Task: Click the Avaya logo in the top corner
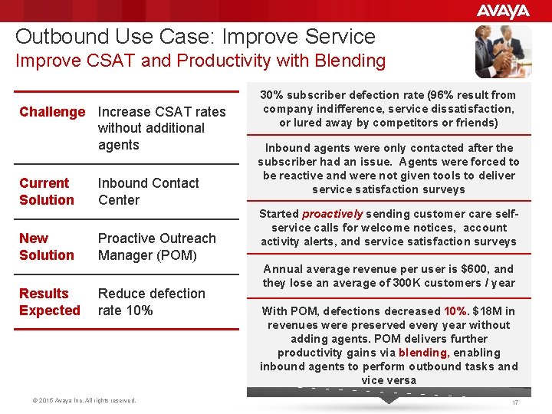pyautogui.click(x=502, y=11)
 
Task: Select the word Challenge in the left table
pyautogui.click(x=52, y=112)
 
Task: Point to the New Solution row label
pyautogui.click(x=46, y=247)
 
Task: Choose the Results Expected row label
pyautogui.click(x=49, y=302)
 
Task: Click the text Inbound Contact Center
pyautogui.click(x=148, y=192)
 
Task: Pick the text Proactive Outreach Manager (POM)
pyautogui.click(x=156, y=247)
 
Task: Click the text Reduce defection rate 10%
pyautogui.click(x=151, y=302)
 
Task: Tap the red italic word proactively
pyautogui.click(x=332, y=215)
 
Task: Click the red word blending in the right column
pyautogui.click(x=422, y=353)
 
